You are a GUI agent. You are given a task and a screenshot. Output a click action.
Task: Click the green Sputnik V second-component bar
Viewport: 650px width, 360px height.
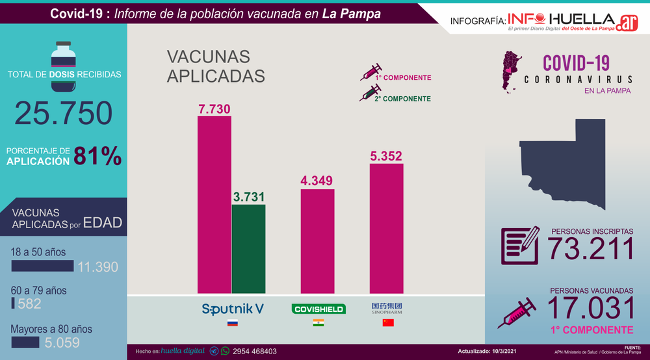tap(248, 248)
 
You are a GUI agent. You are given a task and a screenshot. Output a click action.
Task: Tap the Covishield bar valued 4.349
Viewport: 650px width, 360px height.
tap(317, 240)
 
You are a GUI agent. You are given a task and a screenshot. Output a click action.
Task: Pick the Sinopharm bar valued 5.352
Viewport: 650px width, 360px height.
tap(386, 228)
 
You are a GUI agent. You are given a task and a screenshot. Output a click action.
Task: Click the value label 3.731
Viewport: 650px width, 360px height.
tap(248, 196)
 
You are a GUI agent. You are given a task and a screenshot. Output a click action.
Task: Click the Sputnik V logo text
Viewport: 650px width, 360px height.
tap(233, 309)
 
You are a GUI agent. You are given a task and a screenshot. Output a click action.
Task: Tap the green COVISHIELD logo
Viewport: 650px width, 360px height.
tap(317, 309)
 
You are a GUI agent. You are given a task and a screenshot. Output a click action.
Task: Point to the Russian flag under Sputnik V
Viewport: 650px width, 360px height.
tap(232, 323)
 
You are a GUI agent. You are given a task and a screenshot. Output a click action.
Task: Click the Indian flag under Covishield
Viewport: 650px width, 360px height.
tap(318, 323)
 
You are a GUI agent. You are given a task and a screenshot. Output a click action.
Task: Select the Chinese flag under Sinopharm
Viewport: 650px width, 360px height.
tap(387, 323)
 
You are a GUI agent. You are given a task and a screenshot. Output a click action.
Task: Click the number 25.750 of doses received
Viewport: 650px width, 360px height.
tap(64, 112)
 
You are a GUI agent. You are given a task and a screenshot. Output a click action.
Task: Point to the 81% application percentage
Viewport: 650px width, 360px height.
tap(97, 156)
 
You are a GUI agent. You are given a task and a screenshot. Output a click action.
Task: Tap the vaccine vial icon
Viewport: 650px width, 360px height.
tap(64, 55)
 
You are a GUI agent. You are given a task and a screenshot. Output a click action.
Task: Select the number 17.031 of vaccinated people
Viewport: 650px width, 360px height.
tap(591, 307)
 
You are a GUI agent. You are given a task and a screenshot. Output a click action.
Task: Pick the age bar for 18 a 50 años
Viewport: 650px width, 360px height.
tap(42, 266)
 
